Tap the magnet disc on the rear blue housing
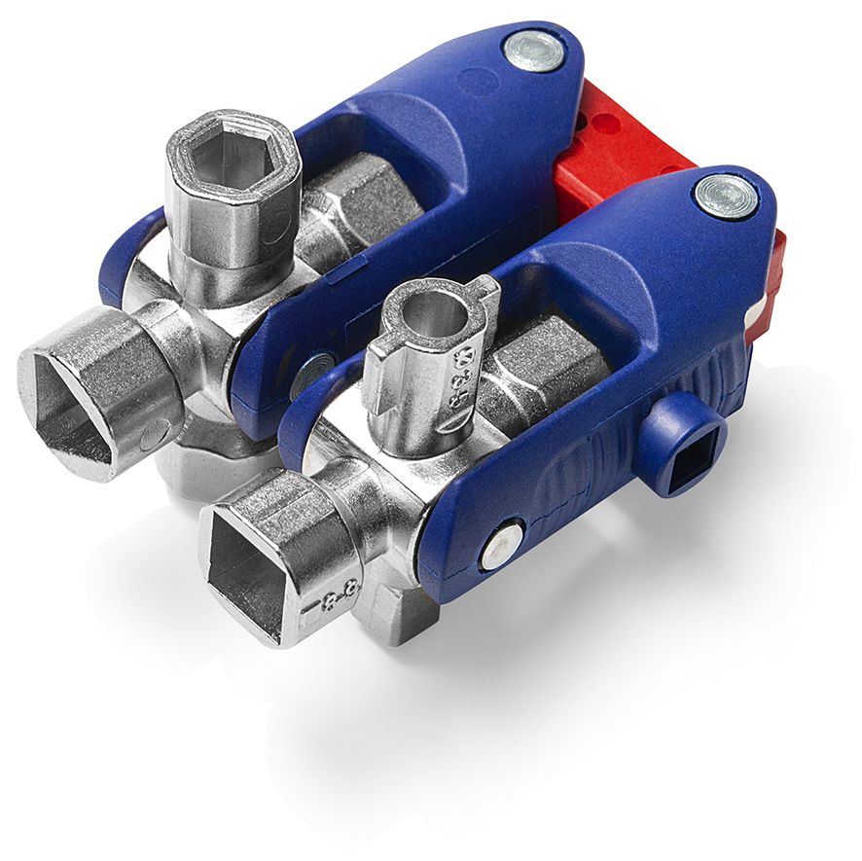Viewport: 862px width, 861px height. tap(534, 50)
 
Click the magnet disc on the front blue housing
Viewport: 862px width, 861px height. tap(726, 196)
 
